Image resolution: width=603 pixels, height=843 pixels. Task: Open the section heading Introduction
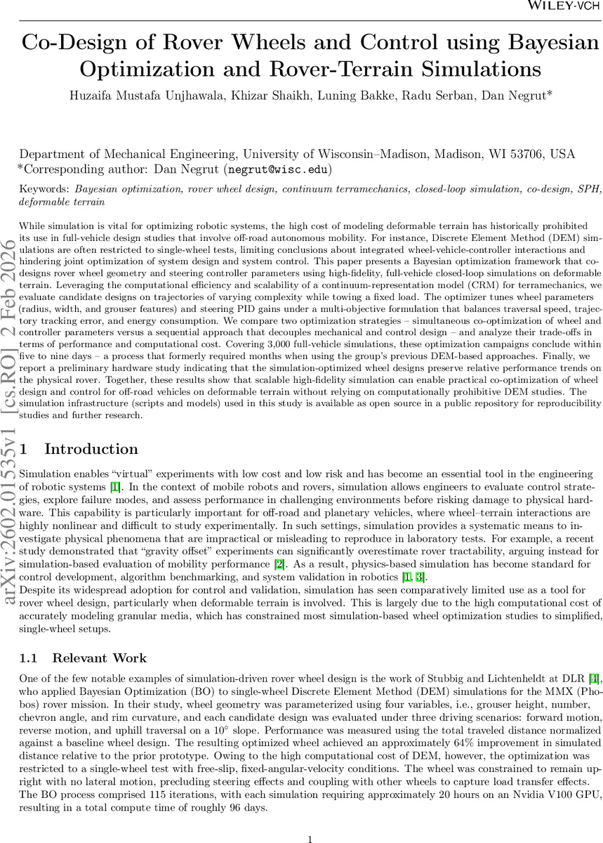(x=91, y=449)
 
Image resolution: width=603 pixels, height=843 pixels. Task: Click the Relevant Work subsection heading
(x=99, y=658)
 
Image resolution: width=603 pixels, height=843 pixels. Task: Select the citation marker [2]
(x=296, y=565)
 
